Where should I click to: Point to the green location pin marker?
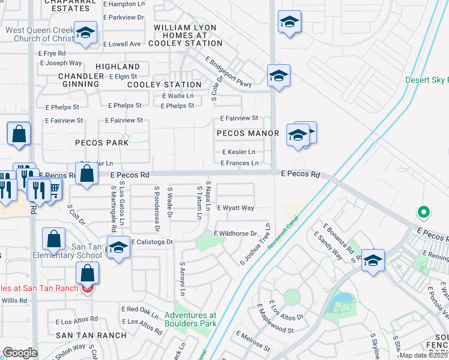tap(424, 212)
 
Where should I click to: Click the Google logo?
tap(20, 353)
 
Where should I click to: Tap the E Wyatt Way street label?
tap(236, 208)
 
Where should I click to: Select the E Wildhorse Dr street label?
tap(236, 233)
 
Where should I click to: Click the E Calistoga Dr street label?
tap(152, 242)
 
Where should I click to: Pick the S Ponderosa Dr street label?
tap(156, 209)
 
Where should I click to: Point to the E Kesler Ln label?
tap(239, 152)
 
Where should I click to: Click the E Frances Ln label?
tap(240, 163)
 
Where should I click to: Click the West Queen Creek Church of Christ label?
tap(40, 34)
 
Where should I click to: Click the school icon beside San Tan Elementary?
tap(118, 248)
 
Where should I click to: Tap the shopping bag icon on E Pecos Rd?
tap(88, 174)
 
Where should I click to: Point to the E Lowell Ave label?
tap(122, 44)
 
